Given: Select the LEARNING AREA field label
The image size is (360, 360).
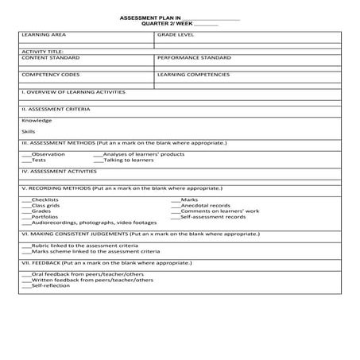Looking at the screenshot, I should point(44,36).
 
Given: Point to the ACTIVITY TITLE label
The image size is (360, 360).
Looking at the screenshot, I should point(42,52).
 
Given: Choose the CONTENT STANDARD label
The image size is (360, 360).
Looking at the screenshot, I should point(50,58).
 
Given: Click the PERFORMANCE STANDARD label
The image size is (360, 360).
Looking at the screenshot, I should point(194,58).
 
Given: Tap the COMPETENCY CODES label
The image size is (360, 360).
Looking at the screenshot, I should point(50,75).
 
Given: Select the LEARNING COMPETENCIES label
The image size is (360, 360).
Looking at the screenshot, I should point(193,75).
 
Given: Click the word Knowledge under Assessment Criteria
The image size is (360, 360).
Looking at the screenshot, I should point(37,121).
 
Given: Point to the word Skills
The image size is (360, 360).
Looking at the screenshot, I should point(29,131).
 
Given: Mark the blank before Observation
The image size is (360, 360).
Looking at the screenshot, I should point(26,154).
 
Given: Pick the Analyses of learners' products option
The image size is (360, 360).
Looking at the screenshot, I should point(144,154).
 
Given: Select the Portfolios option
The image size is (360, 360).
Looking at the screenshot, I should point(45,216).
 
